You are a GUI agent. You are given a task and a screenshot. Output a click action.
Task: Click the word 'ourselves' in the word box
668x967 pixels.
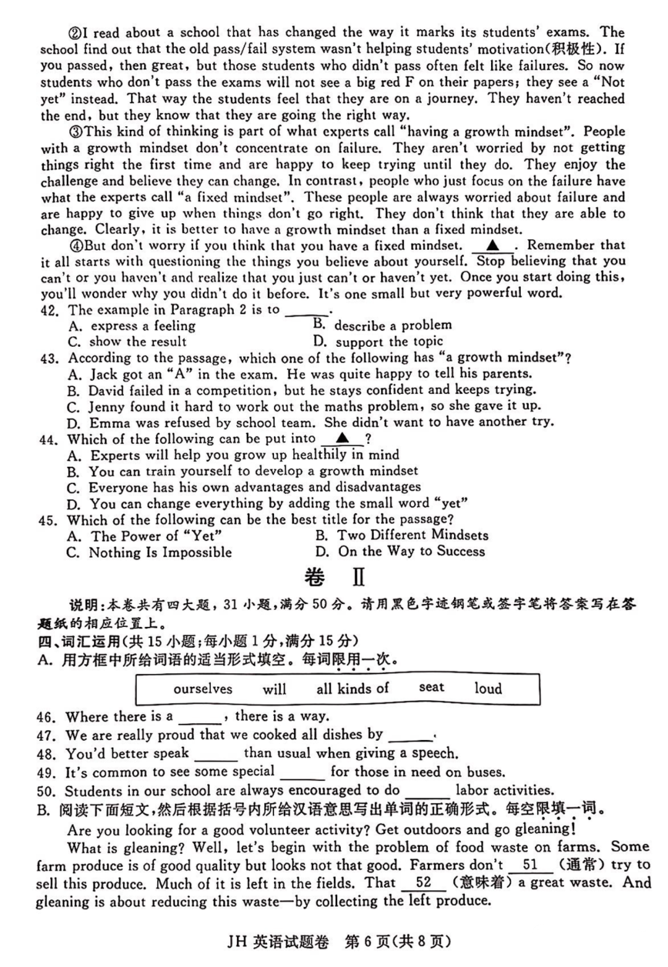[x=203, y=689]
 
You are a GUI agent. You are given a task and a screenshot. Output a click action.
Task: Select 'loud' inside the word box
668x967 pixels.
[x=488, y=688]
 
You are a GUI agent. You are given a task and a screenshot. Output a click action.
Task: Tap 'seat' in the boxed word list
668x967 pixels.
[x=431, y=687]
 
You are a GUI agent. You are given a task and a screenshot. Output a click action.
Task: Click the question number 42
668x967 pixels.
[x=49, y=310]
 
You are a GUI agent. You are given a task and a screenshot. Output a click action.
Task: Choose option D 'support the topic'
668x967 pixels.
[x=389, y=341]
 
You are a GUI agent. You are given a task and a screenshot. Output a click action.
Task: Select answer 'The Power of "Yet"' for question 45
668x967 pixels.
[x=156, y=536]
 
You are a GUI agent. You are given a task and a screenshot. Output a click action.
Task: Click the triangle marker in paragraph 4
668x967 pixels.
[x=492, y=246]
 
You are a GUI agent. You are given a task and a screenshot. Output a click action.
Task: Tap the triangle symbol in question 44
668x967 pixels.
[x=342, y=439]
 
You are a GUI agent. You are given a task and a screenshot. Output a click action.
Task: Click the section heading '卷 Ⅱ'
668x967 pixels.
[x=335, y=577]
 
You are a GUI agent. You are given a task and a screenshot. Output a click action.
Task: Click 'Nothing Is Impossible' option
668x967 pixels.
[x=160, y=553]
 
